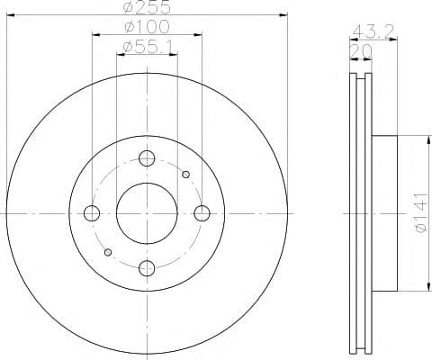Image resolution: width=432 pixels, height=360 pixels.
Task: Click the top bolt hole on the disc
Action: pyautogui.click(x=147, y=158)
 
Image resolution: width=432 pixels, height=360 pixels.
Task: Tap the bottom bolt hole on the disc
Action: pyautogui.click(x=147, y=267)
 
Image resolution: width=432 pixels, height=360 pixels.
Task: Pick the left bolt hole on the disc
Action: pyautogui.click(x=92, y=213)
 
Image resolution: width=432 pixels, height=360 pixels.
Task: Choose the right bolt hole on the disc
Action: pyautogui.click(x=202, y=213)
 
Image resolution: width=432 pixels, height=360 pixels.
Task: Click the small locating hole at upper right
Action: pyautogui.click(x=185, y=175)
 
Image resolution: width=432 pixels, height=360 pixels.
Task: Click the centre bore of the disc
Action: pyautogui.click(x=147, y=213)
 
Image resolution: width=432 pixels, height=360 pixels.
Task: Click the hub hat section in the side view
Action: pyautogui.click(x=382, y=213)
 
